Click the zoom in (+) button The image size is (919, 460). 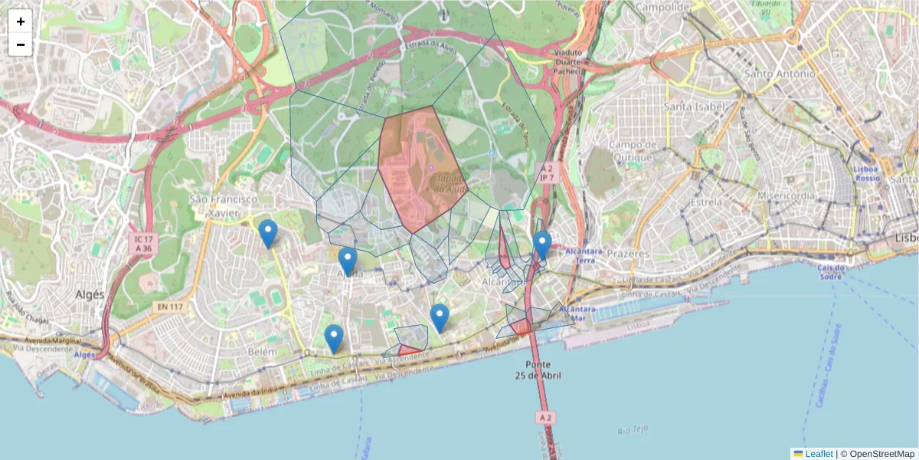21,21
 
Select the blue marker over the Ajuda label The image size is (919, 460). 347,261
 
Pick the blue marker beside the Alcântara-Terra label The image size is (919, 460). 542,245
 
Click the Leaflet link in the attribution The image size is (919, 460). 818,454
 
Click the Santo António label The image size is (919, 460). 780,74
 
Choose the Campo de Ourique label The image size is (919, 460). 634,150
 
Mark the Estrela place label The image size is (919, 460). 705,202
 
